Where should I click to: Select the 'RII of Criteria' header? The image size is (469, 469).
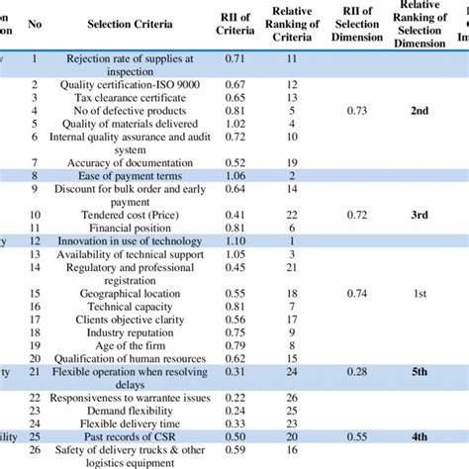click(234, 22)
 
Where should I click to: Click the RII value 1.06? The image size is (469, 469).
click(234, 175)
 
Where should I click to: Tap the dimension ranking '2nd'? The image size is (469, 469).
click(420, 112)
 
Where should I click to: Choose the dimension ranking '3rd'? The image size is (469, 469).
click(420, 214)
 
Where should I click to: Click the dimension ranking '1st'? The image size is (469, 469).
click(420, 294)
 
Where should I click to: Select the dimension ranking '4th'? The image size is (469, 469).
click(420, 435)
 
